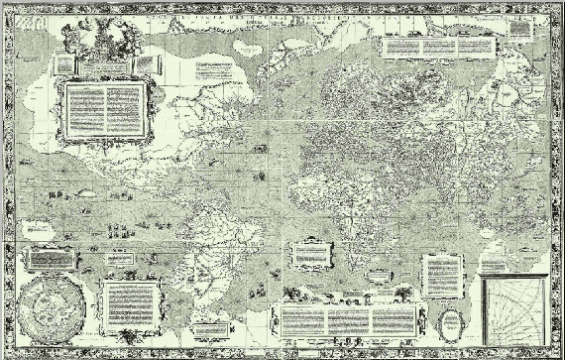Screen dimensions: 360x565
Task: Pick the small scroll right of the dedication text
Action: point(147,62)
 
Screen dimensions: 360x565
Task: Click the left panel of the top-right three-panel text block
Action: point(400,46)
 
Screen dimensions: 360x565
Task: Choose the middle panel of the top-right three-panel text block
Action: point(437,46)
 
